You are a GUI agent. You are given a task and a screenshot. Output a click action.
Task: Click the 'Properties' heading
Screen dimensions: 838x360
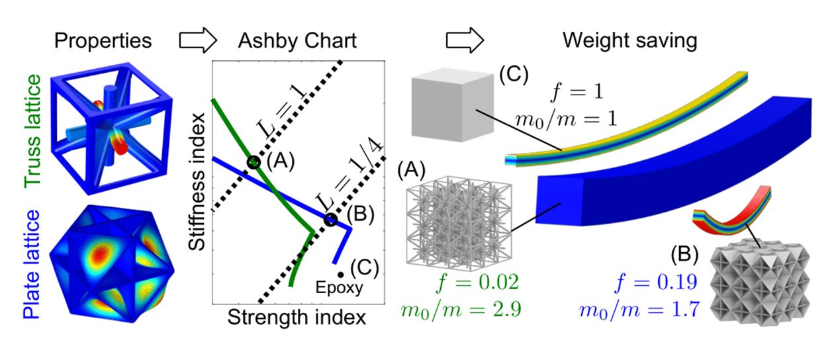103,41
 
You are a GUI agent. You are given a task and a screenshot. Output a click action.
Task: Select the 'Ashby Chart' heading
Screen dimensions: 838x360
297,41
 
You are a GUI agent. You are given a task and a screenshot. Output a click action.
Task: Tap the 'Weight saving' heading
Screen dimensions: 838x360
630,40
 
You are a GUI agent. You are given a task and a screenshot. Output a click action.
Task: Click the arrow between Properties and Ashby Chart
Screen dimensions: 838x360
198,40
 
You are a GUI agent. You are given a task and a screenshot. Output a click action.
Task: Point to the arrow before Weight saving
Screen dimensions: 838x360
465,40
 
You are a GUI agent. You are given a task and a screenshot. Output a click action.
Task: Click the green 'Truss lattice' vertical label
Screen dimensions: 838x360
32,131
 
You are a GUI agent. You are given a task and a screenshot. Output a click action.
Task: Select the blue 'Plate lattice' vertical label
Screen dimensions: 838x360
32,264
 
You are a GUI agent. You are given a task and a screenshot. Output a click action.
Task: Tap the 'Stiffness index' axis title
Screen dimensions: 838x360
197,182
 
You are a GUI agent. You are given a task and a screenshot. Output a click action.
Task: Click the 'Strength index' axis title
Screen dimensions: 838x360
297,318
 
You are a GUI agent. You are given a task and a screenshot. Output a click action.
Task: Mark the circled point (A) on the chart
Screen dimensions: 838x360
254,162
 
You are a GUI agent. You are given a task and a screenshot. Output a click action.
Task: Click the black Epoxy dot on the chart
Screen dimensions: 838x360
340,275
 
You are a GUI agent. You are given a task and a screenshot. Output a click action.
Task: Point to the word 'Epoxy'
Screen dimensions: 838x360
340,288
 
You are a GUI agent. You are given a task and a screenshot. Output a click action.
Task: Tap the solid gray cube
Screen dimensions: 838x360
453,105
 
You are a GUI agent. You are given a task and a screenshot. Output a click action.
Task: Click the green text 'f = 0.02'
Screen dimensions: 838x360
478,283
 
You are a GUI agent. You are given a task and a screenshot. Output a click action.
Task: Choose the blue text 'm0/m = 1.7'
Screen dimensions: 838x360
639,310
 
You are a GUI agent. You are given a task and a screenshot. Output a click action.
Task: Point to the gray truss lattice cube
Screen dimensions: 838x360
459,224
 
